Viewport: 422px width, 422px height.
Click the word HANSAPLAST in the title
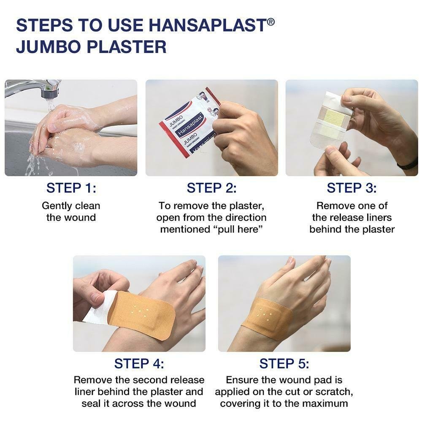point(208,25)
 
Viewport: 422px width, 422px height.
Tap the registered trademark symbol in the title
point(271,22)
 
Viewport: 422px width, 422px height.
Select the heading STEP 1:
point(71,188)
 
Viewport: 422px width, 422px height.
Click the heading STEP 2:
point(211,188)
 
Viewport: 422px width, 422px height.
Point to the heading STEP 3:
point(352,188)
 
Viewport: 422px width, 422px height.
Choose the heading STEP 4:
point(139,364)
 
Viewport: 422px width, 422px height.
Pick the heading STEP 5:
point(284,364)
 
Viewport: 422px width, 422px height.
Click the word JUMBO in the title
point(49,46)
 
